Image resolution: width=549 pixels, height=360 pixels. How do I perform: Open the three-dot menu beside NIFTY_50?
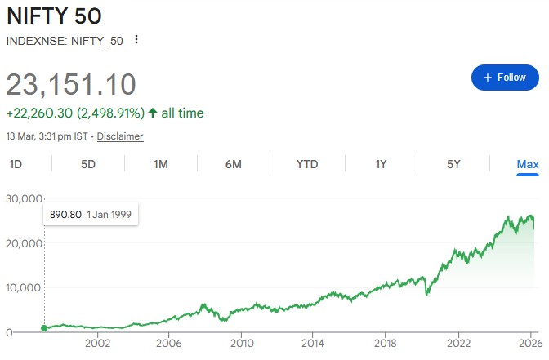tap(136, 40)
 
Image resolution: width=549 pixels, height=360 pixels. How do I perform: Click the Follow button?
tap(505, 78)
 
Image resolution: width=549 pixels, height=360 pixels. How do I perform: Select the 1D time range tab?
tap(16, 164)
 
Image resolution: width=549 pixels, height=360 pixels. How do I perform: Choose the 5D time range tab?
tap(88, 164)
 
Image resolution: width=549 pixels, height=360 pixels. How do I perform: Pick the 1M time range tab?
tap(161, 164)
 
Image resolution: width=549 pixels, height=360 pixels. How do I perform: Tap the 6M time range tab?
tap(234, 164)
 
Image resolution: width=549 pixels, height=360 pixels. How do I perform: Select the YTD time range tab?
tap(307, 164)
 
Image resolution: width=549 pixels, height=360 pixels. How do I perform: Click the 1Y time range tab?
tap(381, 164)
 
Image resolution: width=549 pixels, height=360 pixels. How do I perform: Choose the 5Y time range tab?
tap(453, 164)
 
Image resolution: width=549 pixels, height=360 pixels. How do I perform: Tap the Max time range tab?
tap(528, 164)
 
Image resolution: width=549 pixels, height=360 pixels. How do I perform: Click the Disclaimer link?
tap(120, 136)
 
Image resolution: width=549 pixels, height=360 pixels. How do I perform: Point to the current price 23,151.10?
tap(71, 85)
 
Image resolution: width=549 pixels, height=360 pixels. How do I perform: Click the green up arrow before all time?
tap(153, 113)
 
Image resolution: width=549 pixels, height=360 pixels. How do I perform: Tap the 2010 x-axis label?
tap(240, 344)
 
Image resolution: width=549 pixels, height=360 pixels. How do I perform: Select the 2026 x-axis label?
tap(527, 344)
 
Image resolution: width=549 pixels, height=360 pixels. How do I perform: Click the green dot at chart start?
tap(44, 328)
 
